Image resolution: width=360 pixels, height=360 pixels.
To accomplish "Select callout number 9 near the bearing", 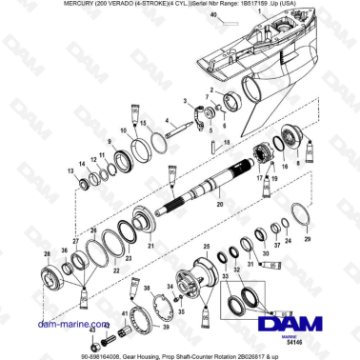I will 110,142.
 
